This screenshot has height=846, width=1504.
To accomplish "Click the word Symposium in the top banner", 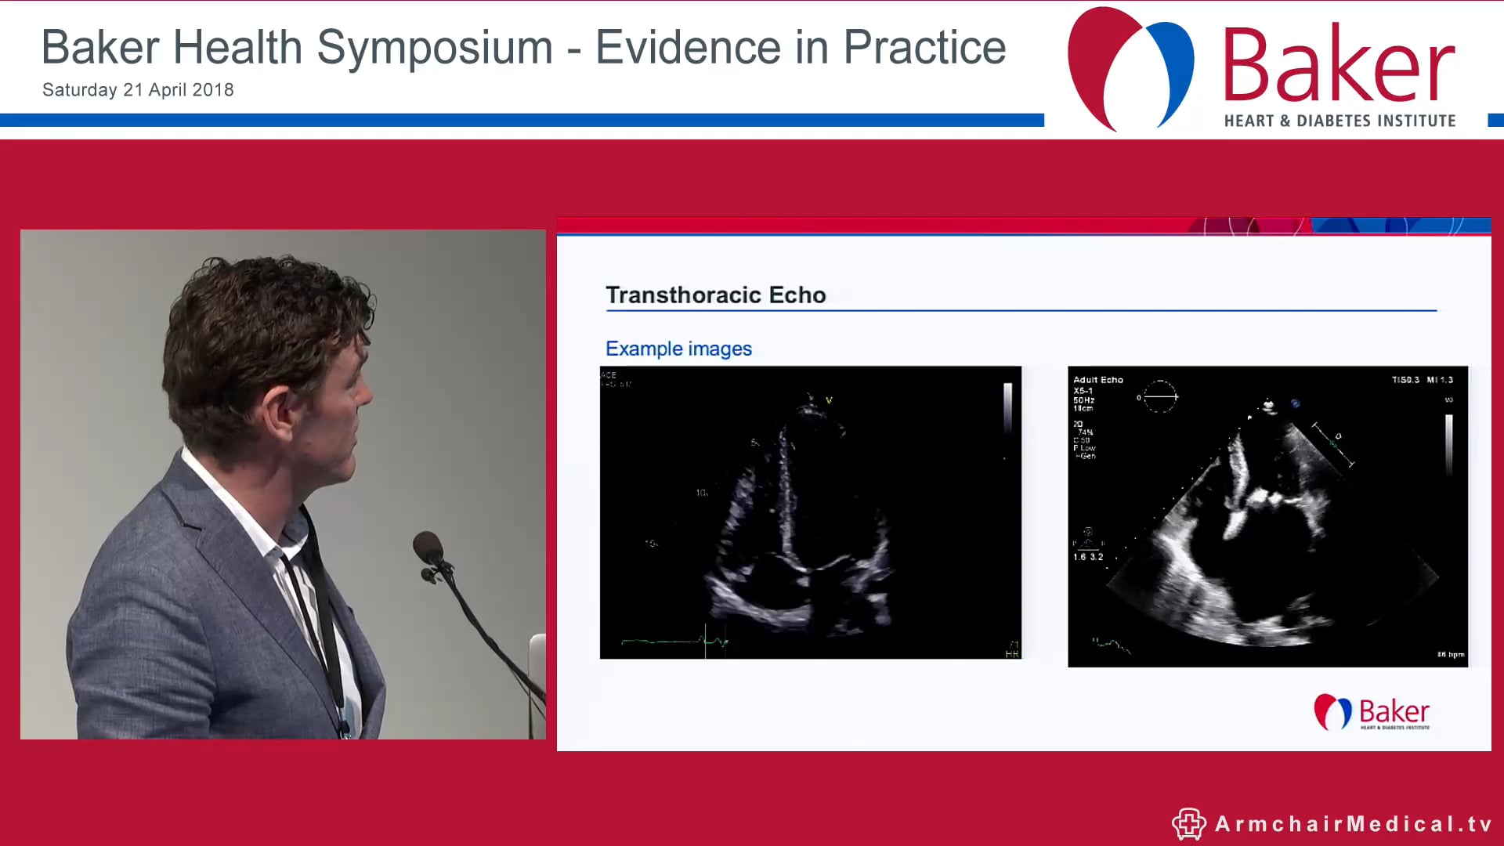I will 435,49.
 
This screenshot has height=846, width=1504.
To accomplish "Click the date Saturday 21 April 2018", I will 138,90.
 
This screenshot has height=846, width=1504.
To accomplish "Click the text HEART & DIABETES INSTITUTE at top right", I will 1339,121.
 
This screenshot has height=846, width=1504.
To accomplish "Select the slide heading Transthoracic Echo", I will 715,295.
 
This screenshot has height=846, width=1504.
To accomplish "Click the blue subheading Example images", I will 678,349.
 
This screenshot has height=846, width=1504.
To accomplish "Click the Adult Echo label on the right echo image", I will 1097,380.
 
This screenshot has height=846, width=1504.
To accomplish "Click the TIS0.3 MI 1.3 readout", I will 1422,380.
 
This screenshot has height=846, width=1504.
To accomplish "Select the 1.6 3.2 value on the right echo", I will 1087,557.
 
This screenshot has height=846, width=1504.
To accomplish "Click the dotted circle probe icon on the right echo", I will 1159,397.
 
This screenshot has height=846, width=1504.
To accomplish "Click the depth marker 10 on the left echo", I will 701,493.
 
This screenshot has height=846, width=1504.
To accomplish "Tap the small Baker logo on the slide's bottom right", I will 1372,712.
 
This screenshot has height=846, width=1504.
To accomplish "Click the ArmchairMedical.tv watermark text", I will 1353,824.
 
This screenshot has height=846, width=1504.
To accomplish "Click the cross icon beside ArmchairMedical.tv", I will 1188,824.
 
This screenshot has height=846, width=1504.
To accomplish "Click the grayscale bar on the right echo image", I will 1448,444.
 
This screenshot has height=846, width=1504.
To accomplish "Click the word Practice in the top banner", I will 924,49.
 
